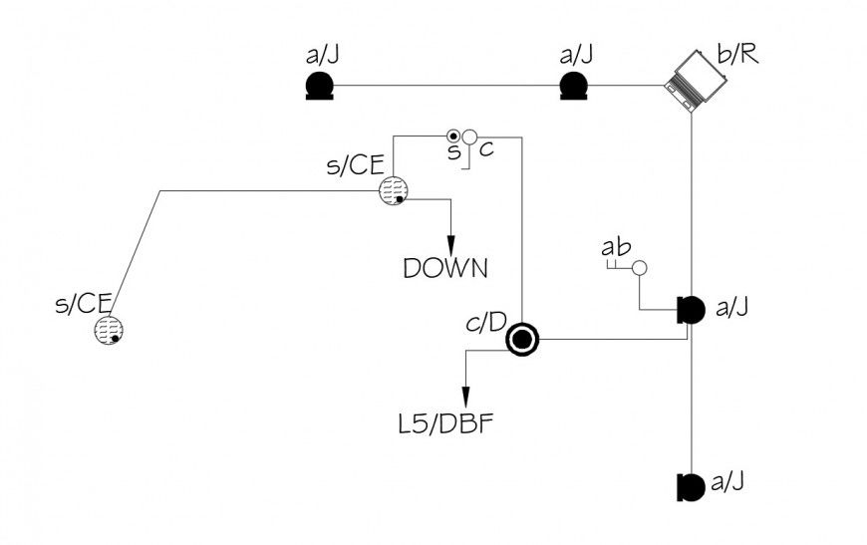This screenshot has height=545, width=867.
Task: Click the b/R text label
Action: point(737,53)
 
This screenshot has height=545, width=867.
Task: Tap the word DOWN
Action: point(444,268)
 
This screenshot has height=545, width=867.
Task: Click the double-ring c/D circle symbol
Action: point(522,341)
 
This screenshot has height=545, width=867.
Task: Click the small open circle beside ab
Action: point(640,268)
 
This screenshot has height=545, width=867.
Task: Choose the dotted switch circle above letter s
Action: point(453,136)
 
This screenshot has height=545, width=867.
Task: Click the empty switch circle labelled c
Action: point(470,136)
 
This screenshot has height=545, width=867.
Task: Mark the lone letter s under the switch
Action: point(453,152)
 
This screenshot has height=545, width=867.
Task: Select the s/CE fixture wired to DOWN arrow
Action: point(395,191)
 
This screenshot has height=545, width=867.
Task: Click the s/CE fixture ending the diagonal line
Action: point(110,330)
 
